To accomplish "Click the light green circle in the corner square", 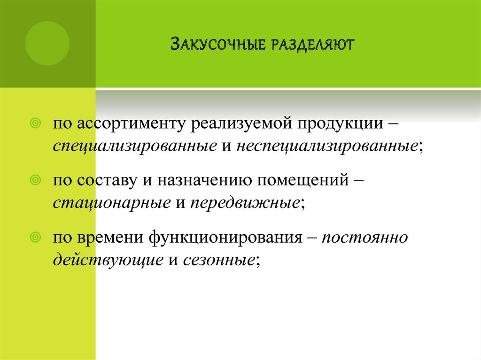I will [47, 43].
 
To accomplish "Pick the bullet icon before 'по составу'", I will [34, 181].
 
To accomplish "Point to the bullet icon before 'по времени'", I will [34, 237].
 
